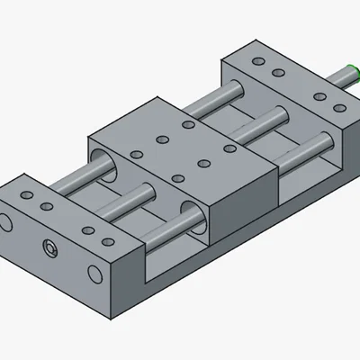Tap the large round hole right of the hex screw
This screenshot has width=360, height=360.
click(94, 273)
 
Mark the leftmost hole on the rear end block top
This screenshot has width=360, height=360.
click(259, 61)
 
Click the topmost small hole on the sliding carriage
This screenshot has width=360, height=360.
click(186, 125)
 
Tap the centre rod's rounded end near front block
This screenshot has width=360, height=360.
click(147, 191)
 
